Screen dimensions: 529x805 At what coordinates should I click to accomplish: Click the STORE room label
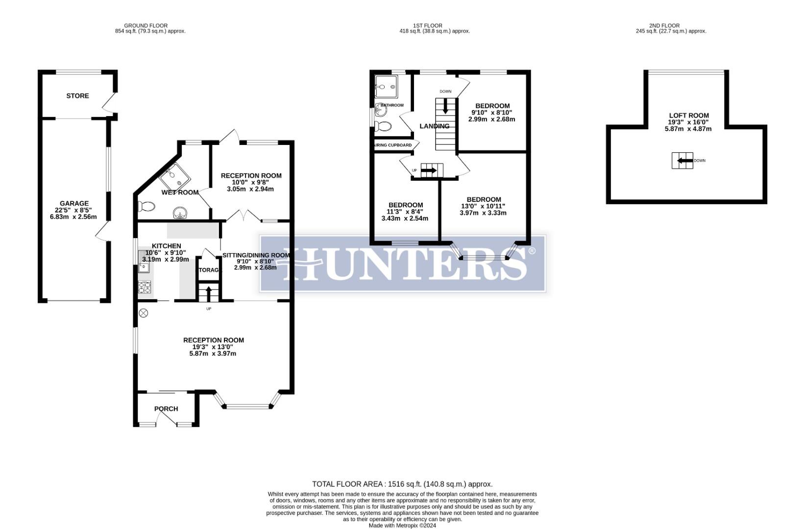coord(77,96)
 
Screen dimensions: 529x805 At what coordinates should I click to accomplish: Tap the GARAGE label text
coord(74,203)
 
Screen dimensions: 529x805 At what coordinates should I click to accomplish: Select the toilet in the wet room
coord(146,206)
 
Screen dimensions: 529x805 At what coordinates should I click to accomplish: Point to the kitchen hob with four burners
coord(145,287)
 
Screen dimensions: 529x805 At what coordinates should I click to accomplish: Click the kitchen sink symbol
coord(144,267)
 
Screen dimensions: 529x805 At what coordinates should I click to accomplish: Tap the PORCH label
coord(166,409)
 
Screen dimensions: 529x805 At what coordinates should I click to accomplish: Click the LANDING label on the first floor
coord(434,126)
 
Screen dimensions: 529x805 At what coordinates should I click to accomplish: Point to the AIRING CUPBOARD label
coord(393,145)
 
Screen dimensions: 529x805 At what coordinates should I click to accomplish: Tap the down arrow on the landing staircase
coord(445,106)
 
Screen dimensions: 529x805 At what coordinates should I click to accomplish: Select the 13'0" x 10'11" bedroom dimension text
coord(483,206)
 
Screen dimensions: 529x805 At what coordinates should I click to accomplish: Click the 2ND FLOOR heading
coord(671,25)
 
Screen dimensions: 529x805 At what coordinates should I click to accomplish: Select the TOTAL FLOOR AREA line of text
coord(402,484)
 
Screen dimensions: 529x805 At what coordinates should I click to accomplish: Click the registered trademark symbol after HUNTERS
coord(532,251)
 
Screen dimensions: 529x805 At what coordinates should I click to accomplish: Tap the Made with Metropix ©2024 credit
coord(402,526)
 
